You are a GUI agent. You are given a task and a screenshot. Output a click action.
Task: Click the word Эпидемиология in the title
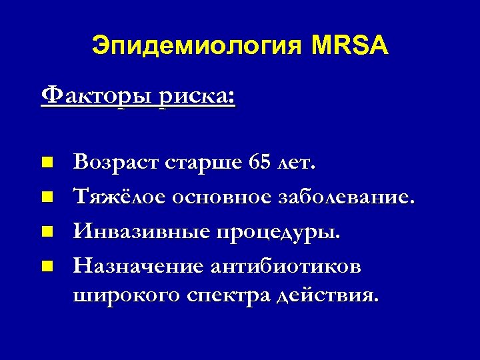click(197, 47)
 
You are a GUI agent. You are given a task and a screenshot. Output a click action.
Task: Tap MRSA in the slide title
click(349, 47)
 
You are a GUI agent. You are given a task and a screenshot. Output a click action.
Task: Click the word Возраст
click(115, 162)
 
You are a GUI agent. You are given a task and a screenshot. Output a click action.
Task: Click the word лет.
click(298, 162)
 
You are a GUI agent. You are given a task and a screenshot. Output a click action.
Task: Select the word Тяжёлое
click(119, 197)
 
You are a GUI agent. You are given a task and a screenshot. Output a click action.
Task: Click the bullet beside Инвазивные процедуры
click(45, 232)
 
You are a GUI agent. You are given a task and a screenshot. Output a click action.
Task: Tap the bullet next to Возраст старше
click(45, 162)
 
